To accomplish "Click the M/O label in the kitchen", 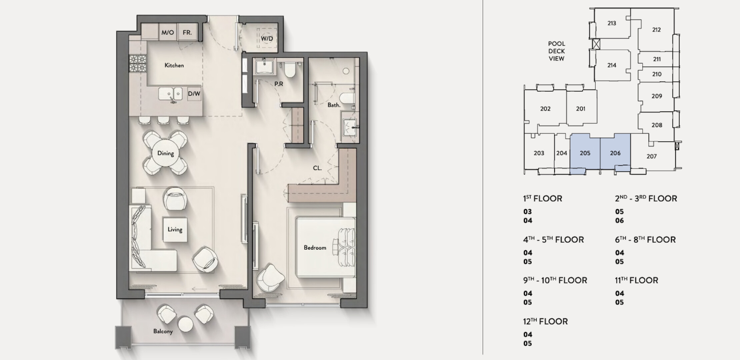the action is pyautogui.click(x=168, y=33).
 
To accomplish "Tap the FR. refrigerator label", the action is pyautogui.click(x=187, y=33).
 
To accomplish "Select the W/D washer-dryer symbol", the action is pyautogui.click(x=267, y=39).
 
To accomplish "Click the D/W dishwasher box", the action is pyautogui.click(x=194, y=94).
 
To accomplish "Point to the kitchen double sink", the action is pyautogui.click(x=170, y=94).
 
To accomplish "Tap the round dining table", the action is pyautogui.click(x=166, y=153).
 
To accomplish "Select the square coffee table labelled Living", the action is pyautogui.click(x=175, y=230).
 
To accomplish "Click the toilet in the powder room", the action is pyautogui.click(x=290, y=69).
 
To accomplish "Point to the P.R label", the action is pyautogui.click(x=279, y=84).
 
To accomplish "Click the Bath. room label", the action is pyautogui.click(x=334, y=105).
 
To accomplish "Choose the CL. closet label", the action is pyautogui.click(x=317, y=168).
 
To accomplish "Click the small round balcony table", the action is pyautogui.click(x=185, y=324).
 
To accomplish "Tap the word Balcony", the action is pyautogui.click(x=163, y=331).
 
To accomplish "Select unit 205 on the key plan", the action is pyautogui.click(x=585, y=153).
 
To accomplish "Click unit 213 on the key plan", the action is pyautogui.click(x=612, y=23).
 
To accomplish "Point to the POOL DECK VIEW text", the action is pyautogui.click(x=557, y=51).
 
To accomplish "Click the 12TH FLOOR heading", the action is pyautogui.click(x=545, y=321).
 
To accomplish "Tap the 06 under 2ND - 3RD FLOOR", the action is pyautogui.click(x=619, y=221).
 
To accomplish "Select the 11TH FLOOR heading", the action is pyautogui.click(x=637, y=280).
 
